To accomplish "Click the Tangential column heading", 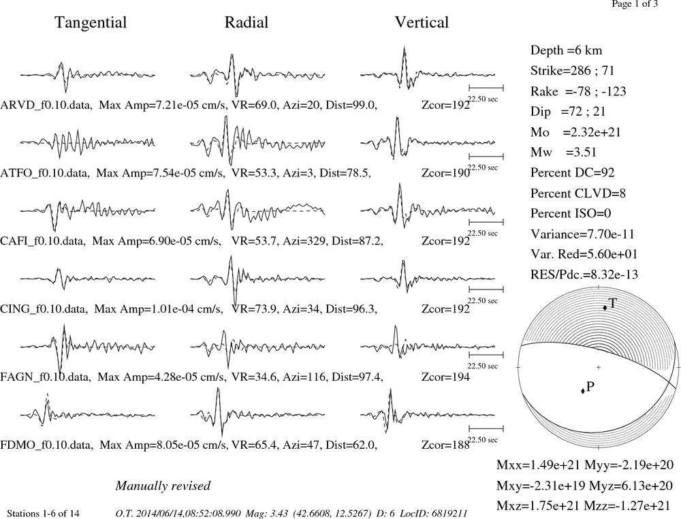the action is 91,22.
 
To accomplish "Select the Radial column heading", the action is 247,22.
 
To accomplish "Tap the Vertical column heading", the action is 422,22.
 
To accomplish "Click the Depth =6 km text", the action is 566,50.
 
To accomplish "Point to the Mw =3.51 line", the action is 563,152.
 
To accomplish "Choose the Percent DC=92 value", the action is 573,172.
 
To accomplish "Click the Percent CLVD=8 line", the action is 577,193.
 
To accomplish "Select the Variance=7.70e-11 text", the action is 582,234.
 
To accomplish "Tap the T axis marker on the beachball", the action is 605,308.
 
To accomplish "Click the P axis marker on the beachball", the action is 583,391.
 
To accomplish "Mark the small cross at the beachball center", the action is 598,367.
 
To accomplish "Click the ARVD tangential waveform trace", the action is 87,76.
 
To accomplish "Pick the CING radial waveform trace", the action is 257,279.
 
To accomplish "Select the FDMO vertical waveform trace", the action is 428,415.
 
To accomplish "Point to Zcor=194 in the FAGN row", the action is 445,377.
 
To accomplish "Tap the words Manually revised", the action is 163,486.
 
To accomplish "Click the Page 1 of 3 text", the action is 635,4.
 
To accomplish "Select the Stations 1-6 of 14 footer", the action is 43,514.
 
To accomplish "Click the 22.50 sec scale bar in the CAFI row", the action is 486,222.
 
